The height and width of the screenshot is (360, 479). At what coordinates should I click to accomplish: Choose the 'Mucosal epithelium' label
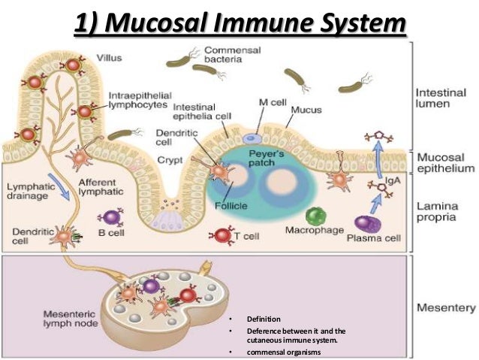click(x=444, y=165)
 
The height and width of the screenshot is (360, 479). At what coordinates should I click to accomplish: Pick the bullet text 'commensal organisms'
click(x=282, y=352)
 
